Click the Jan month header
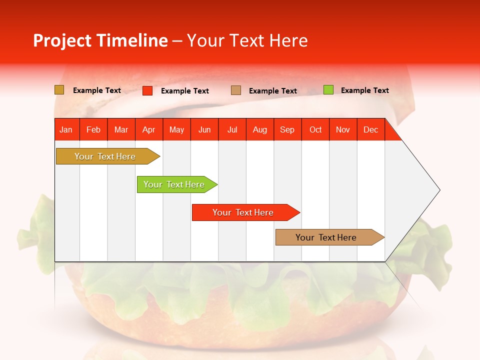coord(66,129)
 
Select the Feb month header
coord(93,129)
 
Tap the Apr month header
coord(149,129)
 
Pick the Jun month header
coord(204,129)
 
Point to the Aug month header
coord(260,129)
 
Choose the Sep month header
coord(287,129)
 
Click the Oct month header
coord(315,129)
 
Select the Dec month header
coord(371,129)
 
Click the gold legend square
coord(59,90)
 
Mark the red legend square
coord(147,90)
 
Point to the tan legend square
coord(236,90)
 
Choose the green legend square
coord(328,90)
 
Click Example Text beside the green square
coord(364,90)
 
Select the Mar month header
coord(121,129)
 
